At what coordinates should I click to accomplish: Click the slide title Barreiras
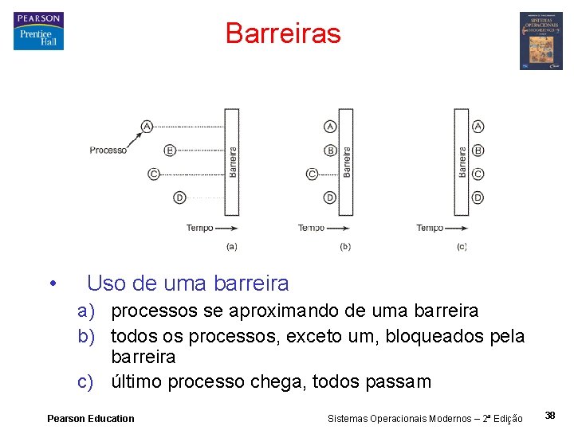click(x=283, y=33)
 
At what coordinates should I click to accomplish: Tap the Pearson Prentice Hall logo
click(x=38, y=32)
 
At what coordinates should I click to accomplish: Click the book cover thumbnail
click(x=541, y=41)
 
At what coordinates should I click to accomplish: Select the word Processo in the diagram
click(x=108, y=150)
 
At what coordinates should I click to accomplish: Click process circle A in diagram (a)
click(x=147, y=126)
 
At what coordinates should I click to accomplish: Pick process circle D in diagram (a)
click(x=179, y=197)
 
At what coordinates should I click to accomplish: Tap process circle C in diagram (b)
click(x=313, y=174)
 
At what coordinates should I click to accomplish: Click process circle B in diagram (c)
click(x=478, y=150)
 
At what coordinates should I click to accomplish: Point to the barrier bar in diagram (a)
click(x=232, y=162)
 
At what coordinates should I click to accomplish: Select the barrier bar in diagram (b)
click(x=347, y=162)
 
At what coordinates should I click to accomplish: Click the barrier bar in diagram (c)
click(x=462, y=162)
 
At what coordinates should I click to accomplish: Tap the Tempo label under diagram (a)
click(x=199, y=228)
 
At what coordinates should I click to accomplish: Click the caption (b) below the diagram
click(x=345, y=247)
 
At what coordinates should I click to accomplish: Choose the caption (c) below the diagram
click(x=462, y=247)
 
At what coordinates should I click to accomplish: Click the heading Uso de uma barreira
click(x=187, y=283)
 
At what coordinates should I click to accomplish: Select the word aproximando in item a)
click(x=261, y=311)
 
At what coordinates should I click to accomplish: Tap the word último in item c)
click(x=137, y=381)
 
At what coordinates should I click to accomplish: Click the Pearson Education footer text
click(x=91, y=418)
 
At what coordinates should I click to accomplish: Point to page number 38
click(x=550, y=415)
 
